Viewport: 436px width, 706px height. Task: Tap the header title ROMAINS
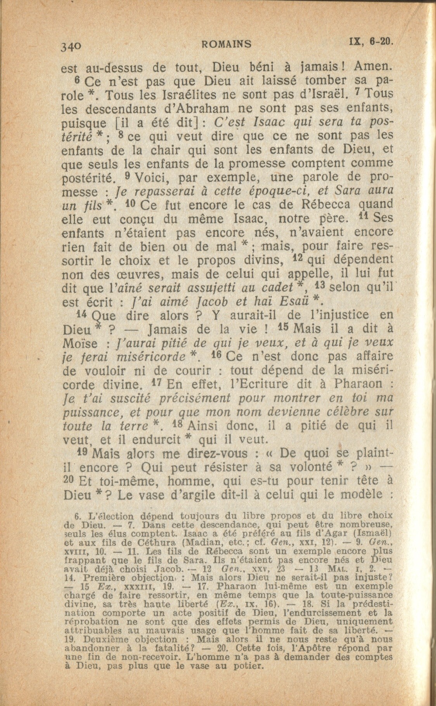pos(227,44)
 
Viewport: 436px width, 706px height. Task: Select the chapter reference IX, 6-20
pos(371,40)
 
